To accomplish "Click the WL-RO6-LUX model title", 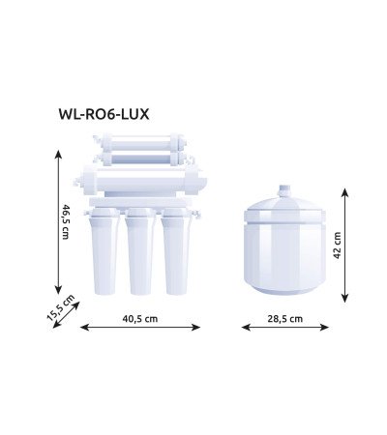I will tap(104, 112).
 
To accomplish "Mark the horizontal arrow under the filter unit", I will tap(140, 328).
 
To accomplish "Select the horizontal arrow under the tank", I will tap(285, 328).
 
